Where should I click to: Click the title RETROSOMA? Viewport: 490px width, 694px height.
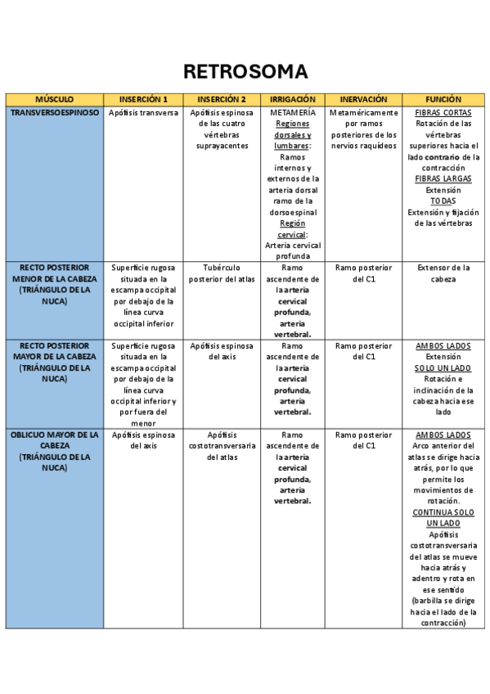(245, 72)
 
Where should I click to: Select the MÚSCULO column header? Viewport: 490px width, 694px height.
(54, 99)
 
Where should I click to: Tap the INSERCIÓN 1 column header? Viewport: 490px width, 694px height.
(143, 99)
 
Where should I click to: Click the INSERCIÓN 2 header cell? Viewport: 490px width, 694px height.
(221, 99)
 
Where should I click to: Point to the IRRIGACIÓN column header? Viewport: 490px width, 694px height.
(292, 99)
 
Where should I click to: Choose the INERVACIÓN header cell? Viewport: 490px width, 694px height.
(363, 99)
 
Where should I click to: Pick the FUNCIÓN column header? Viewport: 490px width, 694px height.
(443, 99)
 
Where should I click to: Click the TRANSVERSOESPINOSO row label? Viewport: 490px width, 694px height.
(55, 112)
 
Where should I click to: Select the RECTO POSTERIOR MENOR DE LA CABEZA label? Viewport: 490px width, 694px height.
(55, 284)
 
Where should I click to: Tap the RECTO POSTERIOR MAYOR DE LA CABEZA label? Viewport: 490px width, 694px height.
(55, 363)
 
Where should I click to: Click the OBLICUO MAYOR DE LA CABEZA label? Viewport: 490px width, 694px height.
(55, 451)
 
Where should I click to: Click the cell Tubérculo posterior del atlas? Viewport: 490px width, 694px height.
(221, 273)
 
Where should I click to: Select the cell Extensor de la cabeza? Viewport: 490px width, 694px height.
(443, 273)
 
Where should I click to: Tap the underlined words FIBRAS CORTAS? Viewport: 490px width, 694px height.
(443, 112)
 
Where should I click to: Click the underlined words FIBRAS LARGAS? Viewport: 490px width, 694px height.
(443, 178)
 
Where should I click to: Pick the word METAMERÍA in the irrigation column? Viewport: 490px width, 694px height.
(292, 112)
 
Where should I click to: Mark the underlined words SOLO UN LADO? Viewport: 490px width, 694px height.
(443, 368)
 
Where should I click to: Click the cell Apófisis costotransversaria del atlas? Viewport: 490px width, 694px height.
(221, 446)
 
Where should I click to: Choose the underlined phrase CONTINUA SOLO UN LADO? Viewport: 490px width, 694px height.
(443, 517)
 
